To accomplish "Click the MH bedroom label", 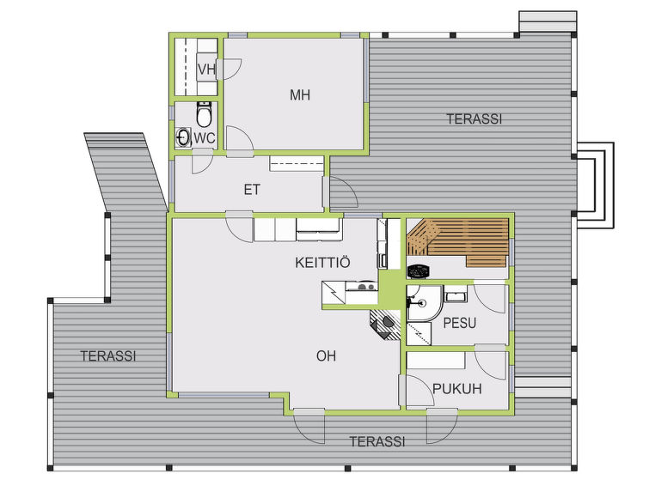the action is point(300,95).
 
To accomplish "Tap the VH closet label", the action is point(206,70).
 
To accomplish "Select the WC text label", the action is point(205,138).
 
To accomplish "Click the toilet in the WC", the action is point(204,114).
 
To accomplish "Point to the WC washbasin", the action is point(183,137).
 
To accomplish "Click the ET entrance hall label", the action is point(252,190).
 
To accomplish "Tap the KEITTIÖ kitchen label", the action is point(322,262).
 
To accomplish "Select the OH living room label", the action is point(326,355).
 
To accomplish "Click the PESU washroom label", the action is point(459,323).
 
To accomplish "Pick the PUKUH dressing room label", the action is point(457,389).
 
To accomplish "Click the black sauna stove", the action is point(419,271).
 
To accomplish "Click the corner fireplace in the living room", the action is point(386,325).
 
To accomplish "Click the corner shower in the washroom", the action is point(425,303).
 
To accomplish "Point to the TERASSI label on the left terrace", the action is point(108,356).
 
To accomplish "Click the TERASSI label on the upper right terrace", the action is point(475,119).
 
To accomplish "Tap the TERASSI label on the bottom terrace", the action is point(377,441).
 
